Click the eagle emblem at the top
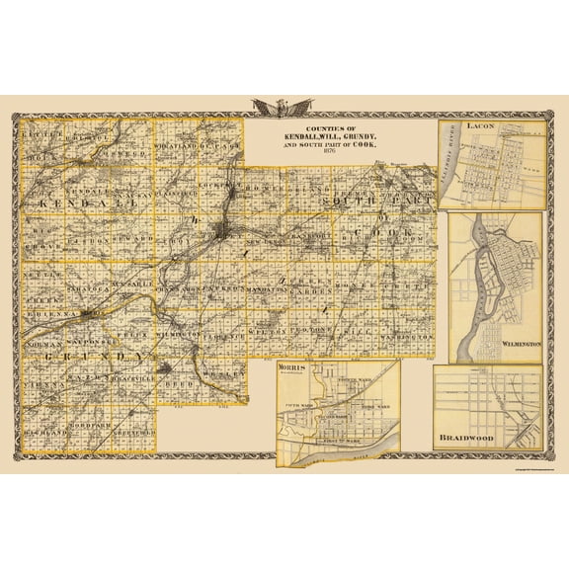[284, 106]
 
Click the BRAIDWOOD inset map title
[476, 433]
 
